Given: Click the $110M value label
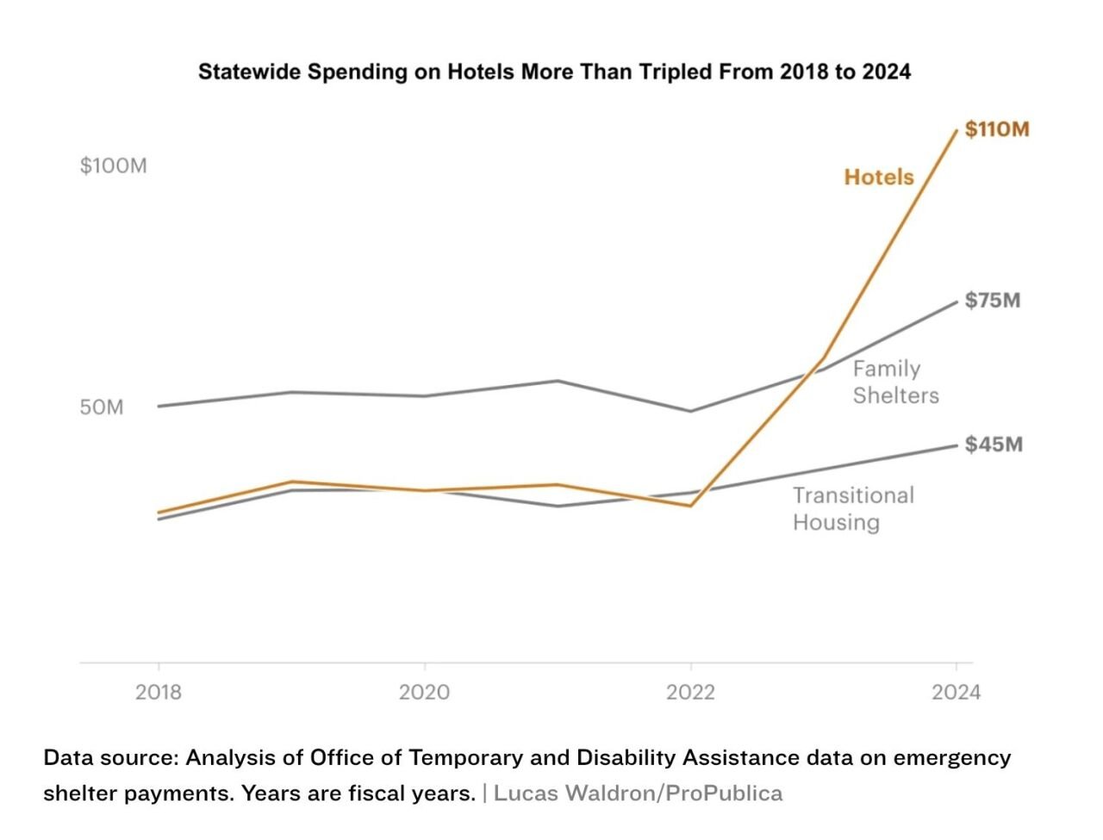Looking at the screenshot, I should (996, 129).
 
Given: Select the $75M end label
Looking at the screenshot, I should (992, 301).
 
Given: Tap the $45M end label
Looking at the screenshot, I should (993, 445).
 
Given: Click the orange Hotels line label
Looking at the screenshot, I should (878, 177).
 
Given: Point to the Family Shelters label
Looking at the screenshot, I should (894, 382).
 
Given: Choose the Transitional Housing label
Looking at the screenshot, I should (852, 508).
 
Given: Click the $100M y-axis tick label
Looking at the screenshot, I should (113, 165).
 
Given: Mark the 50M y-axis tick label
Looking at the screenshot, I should (102, 407).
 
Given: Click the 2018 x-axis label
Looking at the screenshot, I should (158, 693).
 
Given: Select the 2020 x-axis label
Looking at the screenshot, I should (424, 693).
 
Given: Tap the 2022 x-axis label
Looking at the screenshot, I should (689, 693).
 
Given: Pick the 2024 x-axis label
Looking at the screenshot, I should (956, 693).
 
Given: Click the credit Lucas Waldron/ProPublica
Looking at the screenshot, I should (638, 793).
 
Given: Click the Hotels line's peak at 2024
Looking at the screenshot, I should (956, 131).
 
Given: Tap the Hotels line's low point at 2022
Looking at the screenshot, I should (689, 506).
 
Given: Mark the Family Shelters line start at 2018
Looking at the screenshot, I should (159, 406).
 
